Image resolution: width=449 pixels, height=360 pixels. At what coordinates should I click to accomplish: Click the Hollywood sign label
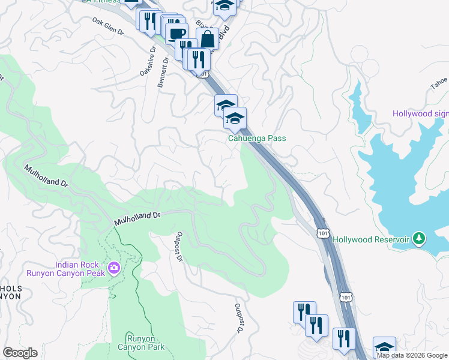tap(420, 114)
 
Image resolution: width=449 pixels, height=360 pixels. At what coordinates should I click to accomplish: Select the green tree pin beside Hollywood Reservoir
tap(419, 239)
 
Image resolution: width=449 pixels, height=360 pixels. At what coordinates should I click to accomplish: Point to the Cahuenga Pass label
tap(256, 138)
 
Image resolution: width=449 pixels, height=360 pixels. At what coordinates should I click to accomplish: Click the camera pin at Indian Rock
tap(113, 268)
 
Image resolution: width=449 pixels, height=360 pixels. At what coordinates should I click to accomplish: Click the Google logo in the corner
tap(20, 353)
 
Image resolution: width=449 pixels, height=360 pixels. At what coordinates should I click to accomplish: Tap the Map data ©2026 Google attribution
tap(412, 355)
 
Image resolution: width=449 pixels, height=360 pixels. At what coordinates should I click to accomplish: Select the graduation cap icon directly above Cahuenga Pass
tap(235, 118)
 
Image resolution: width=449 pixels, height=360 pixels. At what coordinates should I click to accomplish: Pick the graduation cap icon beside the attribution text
tap(385, 347)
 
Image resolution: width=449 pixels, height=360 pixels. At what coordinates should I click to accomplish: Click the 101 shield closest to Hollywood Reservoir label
tap(323, 232)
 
